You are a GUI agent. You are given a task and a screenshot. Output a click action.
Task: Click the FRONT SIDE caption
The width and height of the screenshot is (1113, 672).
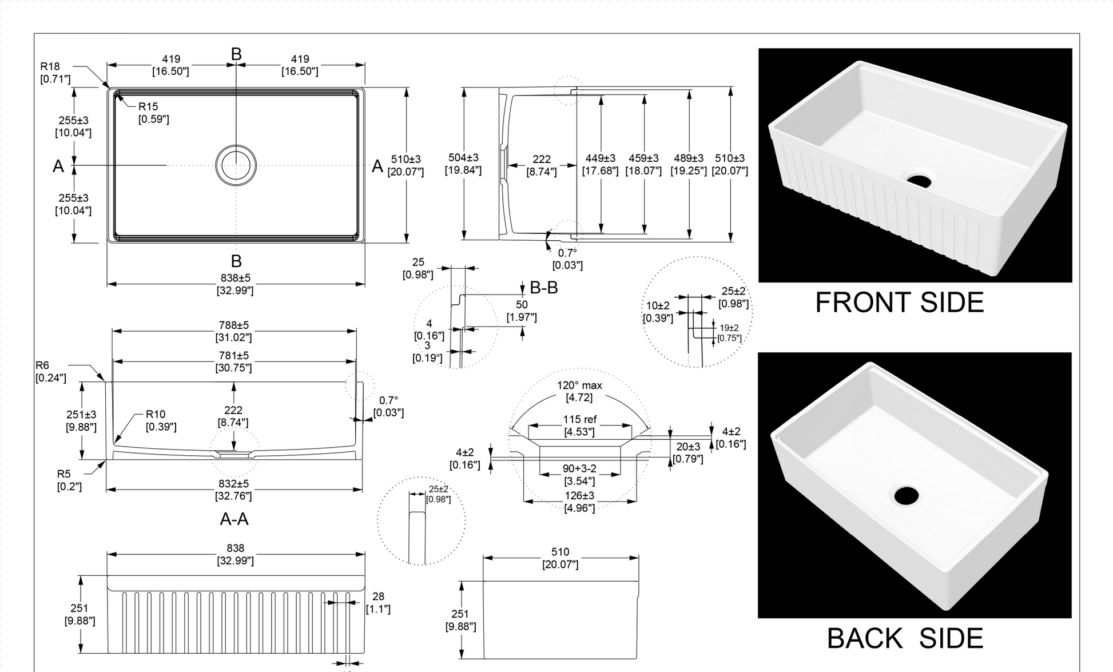coord(899,303)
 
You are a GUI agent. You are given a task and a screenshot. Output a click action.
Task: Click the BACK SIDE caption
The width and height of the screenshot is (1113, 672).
coord(905,638)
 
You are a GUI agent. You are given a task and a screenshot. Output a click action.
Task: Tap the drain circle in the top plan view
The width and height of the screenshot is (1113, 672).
coord(236,165)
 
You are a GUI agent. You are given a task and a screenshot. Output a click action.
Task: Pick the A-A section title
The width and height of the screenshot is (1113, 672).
coord(234,519)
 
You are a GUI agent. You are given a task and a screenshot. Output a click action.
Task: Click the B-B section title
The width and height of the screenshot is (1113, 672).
coord(543,288)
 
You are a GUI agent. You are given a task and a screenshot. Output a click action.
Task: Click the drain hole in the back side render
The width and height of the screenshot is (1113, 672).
coord(907,495)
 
